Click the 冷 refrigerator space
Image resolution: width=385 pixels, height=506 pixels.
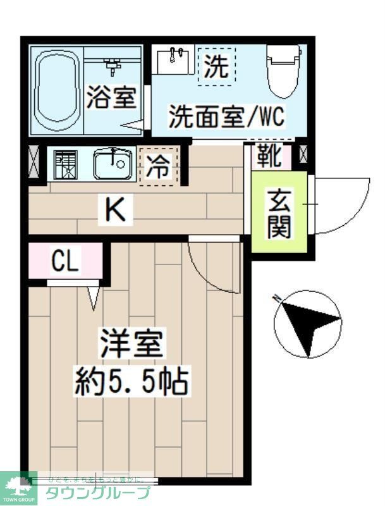coord(158,166)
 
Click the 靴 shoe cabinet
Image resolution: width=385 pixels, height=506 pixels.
coord(270,156)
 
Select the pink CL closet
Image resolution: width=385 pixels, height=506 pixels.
coord(65,261)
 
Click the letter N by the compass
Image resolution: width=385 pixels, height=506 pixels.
coord(276,297)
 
